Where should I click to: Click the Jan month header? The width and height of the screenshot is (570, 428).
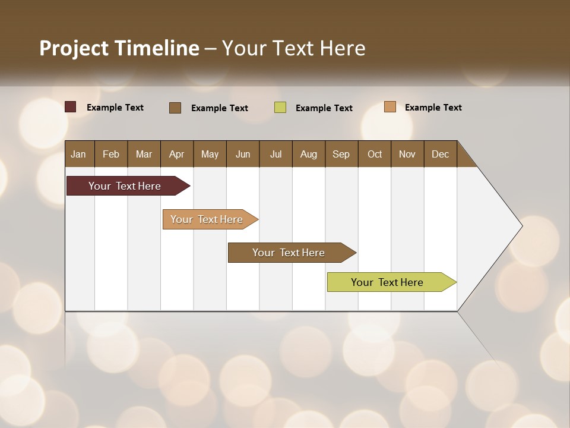tap(79, 154)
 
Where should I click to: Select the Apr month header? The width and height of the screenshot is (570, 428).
tap(177, 154)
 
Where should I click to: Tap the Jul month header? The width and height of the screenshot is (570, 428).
tap(275, 154)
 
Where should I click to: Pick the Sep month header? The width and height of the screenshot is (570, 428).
tap(341, 154)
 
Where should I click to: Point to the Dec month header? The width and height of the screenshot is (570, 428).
tap(440, 154)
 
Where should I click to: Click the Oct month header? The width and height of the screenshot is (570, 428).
tap(375, 154)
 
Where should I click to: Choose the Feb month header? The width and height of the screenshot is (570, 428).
tap(111, 154)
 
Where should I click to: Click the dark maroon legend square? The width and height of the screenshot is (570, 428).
tap(71, 107)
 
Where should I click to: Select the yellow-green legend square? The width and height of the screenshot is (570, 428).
tap(280, 108)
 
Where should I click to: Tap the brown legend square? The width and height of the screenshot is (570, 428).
tap(175, 108)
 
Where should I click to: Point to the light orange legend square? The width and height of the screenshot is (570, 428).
tap(390, 107)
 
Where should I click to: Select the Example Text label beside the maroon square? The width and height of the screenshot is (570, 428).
tap(115, 108)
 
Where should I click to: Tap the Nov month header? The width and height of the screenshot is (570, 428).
tap(407, 154)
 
